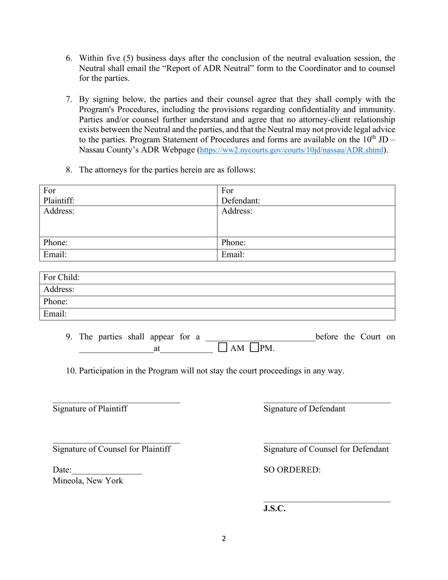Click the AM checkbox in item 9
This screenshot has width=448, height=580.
[x=223, y=348]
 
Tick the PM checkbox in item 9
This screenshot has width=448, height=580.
[x=255, y=348]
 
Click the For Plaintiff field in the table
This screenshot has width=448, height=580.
[x=128, y=196]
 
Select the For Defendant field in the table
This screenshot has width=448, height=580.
[x=306, y=196]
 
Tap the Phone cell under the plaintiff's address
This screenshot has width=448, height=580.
[x=128, y=243]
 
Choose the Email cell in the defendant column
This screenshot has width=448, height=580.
[x=306, y=255]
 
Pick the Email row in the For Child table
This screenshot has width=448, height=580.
[x=217, y=314]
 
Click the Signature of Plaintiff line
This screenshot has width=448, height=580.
[x=116, y=402]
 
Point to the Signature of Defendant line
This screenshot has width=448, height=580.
[x=327, y=402]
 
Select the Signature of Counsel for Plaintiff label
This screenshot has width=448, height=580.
[x=112, y=449]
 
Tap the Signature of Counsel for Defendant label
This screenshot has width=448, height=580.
[x=326, y=449]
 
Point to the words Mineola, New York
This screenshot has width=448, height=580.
[x=88, y=481]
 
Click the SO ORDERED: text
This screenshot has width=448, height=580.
[x=292, y=470]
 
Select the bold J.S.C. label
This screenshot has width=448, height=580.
[x=274, y=509]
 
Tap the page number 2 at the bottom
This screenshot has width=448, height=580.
[x=224, y=539]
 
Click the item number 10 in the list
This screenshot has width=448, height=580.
[x=71, y=371]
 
